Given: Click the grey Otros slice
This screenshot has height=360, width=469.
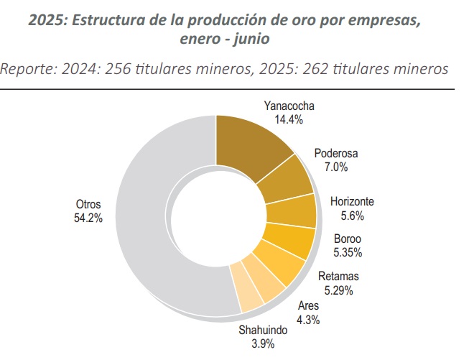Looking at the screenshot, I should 154,216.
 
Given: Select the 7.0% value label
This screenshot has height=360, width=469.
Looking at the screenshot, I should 336,167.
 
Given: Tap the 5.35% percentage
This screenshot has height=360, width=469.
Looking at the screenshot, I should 348,252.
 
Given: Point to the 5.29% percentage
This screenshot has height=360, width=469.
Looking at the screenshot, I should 338,290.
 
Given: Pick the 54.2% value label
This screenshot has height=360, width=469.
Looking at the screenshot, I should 88,218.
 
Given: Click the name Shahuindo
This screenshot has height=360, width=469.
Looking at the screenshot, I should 263,331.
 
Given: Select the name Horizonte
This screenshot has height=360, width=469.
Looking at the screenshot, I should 352,202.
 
